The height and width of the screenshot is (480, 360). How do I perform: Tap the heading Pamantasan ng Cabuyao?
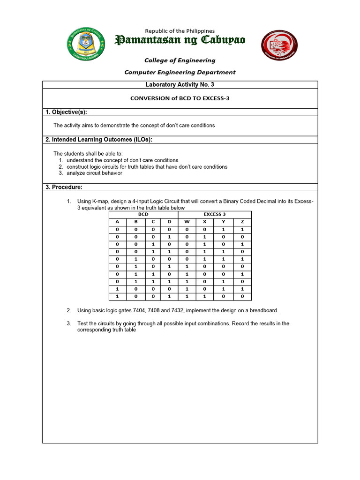[x=180, y=41]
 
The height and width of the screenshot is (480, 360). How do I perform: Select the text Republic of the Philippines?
[x=180, y=31]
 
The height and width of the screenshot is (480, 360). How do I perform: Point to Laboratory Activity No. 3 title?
[x=180, y=85]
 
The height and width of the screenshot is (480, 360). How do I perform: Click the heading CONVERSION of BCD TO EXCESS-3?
[x=180, y=98]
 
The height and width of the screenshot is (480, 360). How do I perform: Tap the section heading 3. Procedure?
[x=64, y=187]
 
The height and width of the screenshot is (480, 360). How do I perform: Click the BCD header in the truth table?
[x=143, y=214]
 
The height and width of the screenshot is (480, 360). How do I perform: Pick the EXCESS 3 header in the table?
[x=215, y=214]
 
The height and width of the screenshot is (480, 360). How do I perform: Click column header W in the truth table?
[x=187, y=222]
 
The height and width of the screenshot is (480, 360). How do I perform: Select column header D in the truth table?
[x=169, y=222]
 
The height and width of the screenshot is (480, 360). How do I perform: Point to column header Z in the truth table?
[x=242, y=222]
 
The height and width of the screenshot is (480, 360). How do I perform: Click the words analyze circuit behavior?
[x=94, y=173]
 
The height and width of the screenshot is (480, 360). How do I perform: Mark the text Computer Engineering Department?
[x=180, y=72]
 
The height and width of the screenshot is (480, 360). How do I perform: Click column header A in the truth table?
[x=118, y=222]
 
